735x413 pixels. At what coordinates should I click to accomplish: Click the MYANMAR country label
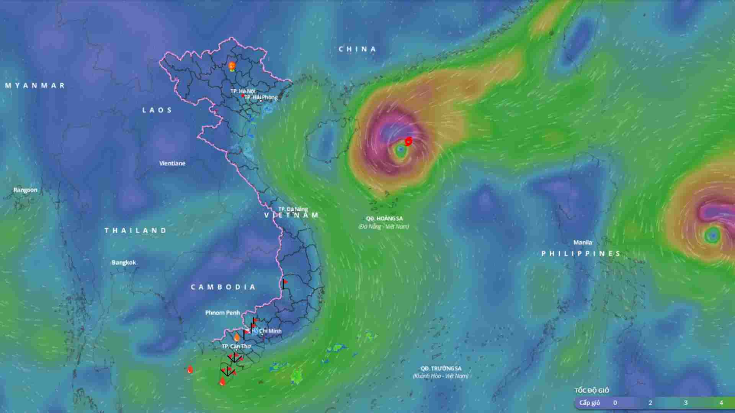pyautogui.click(x=35, y=86)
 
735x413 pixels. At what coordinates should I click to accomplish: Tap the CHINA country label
pyautogui.click(x=358, y=49)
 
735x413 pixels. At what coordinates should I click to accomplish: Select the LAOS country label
pyautogui.click(x=157, y=110)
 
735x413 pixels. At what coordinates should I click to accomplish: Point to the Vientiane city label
pyautogui.click(x=172, y=163)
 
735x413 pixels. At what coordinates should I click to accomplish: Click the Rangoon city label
pyautogui.click(x=25, y=190)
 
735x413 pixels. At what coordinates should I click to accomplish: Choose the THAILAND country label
pyautogui.click(x=136, y=231)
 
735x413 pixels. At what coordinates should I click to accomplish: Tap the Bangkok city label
pyautogui.click(x=124, y=263)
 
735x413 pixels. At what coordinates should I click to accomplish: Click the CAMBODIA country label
pyautogui.click(x=223, y=287)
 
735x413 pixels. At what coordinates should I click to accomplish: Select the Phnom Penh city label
pyautogui.click(x=222, y=313)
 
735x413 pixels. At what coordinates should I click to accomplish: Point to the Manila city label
pyautogui.click(x=583, y=242)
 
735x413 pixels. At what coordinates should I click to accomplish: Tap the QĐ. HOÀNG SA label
pyautogui.click(x=384, y=219)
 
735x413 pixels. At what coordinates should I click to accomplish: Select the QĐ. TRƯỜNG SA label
pyautogui.click(x=441, y=369)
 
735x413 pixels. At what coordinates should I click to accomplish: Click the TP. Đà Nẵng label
pyautogui.click(x=293, y=209)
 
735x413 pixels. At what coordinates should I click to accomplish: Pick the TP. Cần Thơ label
pyautogui.click(x=236, y=346)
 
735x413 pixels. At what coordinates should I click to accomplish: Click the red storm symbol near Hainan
pyautogui.click(x=408, y=141)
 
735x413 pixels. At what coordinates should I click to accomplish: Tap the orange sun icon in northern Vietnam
pyautogui.click(x=232, y=66)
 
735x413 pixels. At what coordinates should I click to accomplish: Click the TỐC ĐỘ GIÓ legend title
pyautogui.click(x=591, y=390)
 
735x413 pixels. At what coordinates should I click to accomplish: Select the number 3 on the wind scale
pyautogui.click(x=686, y=403)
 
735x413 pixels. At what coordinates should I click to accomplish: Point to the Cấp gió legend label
pyautogui.click(x=590, y=403)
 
